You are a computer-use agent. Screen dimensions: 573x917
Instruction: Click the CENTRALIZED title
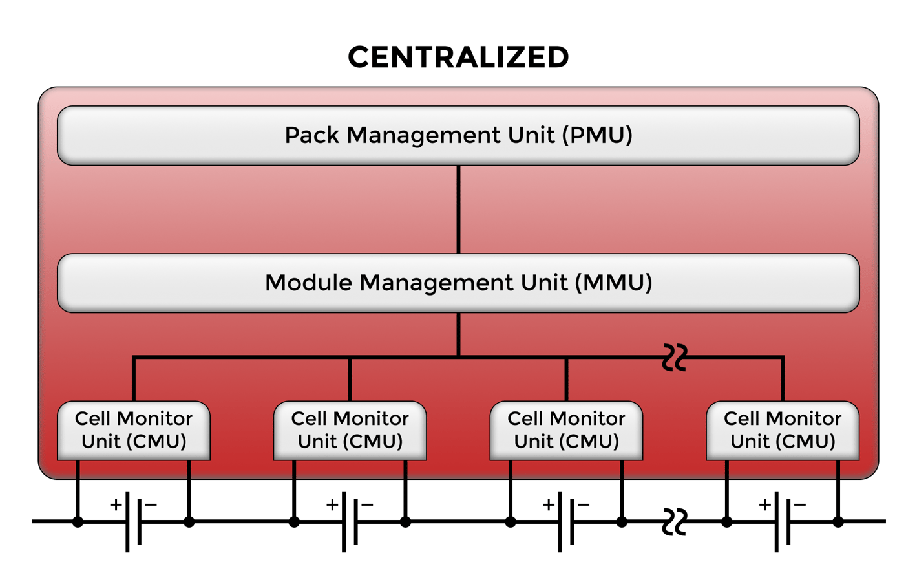(x=458, y=57)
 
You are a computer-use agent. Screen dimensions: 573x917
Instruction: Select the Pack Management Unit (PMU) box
(x=458, y=135)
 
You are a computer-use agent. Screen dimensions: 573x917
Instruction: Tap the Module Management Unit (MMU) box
(x=458, y=283)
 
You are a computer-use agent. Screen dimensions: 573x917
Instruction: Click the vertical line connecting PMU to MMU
(x=458, y=209)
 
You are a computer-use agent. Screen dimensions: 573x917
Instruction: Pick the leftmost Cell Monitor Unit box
(x=134, y=430)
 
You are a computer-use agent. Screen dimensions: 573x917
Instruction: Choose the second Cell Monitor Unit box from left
(x=350, y=430)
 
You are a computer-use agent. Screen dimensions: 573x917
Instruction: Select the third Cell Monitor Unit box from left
(x=566, y=430)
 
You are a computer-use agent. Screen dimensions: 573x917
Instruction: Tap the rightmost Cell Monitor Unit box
(x=782, y=430)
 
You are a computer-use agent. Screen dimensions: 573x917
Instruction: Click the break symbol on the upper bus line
(x=675, y=357)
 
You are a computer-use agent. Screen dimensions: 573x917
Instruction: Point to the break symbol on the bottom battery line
(x=675, y=521)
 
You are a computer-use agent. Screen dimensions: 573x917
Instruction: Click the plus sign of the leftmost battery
(x=116, y=504)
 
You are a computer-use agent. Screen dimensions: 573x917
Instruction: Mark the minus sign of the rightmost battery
(x=800, y=504)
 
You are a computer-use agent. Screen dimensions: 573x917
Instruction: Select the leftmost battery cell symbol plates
(x=134, y=521)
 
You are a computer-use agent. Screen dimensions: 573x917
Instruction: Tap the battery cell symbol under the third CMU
(x=566, y=521)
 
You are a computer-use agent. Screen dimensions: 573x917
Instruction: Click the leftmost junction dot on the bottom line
(x=78, y=521)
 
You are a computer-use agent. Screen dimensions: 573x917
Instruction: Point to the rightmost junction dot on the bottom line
(x=838, y=521)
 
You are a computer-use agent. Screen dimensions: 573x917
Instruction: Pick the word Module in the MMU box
(x=308, y=283)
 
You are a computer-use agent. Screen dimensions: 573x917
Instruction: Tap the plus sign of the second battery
(x=332, y=504)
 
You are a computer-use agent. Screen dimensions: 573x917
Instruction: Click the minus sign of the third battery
(x=584, y=504)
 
